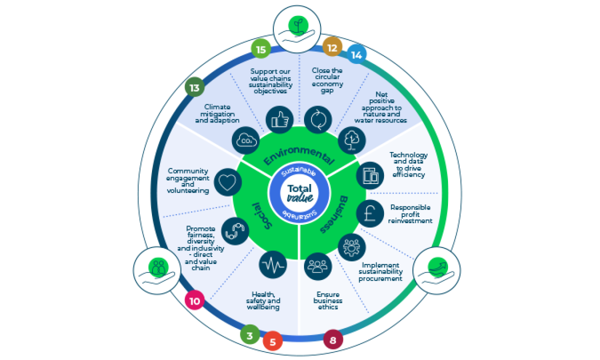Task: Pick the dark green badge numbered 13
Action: coord(194,88)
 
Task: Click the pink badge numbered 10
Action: coord(194,301)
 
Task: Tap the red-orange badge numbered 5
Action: coord(272,342)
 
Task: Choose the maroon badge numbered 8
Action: coord(333,340)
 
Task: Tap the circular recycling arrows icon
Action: coord(318,119)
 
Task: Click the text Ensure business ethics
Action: coord(328,300)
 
